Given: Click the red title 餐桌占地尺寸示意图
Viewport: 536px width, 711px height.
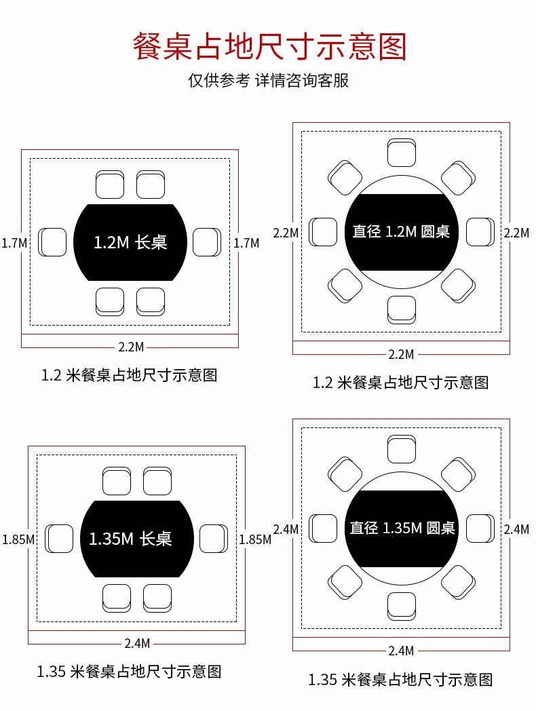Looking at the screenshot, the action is pyautogui.click(x=269, y=46).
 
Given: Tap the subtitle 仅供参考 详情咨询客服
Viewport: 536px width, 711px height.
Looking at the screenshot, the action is pyautogui.click(x=269, y=80).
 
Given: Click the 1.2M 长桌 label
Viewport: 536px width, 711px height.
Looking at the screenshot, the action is pyautogui.click(x=130, y=242).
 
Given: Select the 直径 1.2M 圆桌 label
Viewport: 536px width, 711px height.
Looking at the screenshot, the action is pyautogui.click(x=401, y=232).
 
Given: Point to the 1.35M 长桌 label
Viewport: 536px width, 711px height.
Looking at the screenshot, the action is pyautogui.click(x=130, y=539).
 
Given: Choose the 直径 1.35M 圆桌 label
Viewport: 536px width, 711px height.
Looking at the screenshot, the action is pyautogui.click(x=402, y=528).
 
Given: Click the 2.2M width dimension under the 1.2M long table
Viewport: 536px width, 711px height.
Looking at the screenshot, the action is pyautogui.click(x=131, y=347).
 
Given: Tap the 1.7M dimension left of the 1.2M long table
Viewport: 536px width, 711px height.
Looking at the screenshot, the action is pyautogui.click(x=14, y=243).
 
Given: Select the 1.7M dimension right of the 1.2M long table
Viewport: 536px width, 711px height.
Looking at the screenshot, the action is pyautogui.click(x=246, y=243).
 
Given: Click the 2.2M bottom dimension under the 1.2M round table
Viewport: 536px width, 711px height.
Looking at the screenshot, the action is pyautogui.click(x=401, y=355).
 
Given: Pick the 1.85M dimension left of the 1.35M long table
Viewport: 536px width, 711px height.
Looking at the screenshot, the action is pyautogui.click(x=18, y=539).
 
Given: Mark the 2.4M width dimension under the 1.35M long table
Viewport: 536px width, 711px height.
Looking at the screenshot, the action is pyautogui.click(x=138, y=643).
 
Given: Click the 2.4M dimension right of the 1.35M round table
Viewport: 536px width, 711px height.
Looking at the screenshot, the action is pyautogui.click(x=516, y=529).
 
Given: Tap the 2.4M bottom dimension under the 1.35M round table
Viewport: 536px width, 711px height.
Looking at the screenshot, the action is pyautogui.click(x=401, y=651).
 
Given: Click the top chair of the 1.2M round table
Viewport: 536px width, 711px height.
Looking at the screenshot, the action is pyautogui.click(x=401, y=153).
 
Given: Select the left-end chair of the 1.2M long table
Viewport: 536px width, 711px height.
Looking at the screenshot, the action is pyautogui.click(x=52, y=242).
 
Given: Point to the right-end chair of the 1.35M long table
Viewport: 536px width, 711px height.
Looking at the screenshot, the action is pyautogui.click(x=214, y=539).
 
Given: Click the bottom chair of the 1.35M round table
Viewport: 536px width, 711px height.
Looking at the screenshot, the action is pyautogui.click(x=401, y=607).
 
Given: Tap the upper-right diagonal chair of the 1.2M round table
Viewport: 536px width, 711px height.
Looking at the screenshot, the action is pyautogui.click(x=458, y=178).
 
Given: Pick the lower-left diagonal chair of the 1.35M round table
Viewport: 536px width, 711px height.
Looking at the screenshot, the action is pyautogui.click(x=345, y=582).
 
